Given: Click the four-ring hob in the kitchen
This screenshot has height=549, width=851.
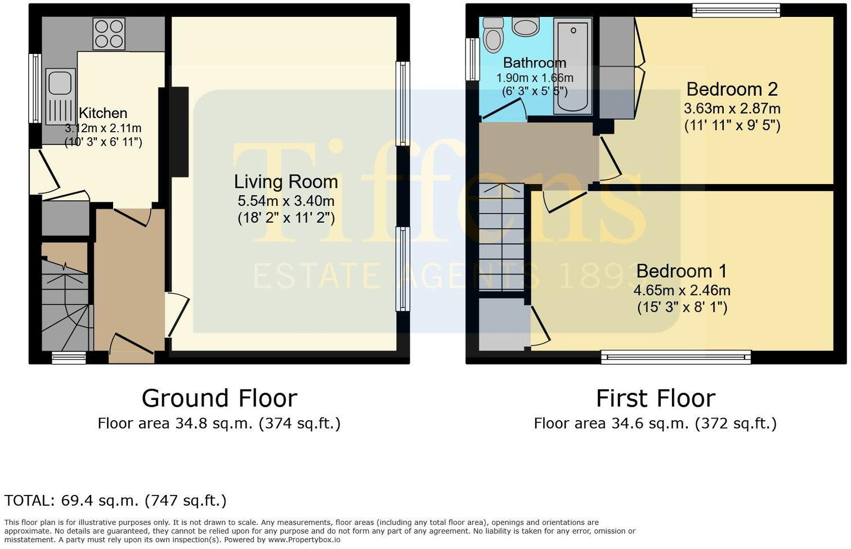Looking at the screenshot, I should (109, 34).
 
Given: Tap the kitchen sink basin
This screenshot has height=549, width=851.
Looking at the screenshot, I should (60, 83).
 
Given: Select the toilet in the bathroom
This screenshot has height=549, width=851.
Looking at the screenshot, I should (494, 35).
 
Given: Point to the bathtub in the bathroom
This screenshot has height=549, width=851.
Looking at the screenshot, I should (572, 65).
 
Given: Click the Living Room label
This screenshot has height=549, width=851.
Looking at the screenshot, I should (286, 182).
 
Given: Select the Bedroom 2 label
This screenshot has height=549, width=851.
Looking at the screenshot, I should (732, 89).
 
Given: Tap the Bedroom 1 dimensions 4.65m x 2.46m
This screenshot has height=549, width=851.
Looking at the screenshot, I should (682, 290).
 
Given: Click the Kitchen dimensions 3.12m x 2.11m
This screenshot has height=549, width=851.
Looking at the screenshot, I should (103, 128).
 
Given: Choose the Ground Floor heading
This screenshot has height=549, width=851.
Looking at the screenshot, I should (219, 398).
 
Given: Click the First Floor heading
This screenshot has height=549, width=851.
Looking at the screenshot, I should (655, 398).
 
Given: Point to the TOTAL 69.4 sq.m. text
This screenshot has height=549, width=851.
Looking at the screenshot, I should (115, 500).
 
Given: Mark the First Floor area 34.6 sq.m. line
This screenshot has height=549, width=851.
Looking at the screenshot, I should (655, 424).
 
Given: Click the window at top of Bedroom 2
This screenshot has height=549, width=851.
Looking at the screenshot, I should (736, 10).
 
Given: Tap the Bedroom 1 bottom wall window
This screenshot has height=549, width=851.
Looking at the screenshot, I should (675, 357).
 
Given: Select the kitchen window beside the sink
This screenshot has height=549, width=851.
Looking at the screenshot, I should (34, 88).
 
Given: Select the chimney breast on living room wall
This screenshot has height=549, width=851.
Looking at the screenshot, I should (178, 132).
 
